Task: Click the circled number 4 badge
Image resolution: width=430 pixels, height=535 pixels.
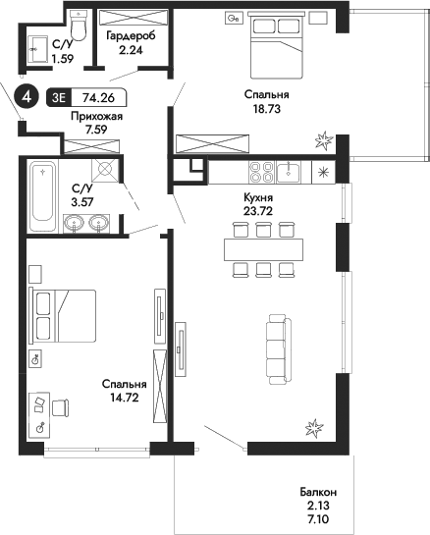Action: pos(28,98)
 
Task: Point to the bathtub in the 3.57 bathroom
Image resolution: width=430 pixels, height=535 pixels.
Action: pos(42,195)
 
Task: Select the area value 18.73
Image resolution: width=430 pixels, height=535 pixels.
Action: pos(262,112)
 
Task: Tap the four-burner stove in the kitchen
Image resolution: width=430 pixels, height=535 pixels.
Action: pos(262,173)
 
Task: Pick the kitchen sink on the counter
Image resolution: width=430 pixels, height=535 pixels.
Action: pos(289,173)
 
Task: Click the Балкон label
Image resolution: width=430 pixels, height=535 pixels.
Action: pos(319,492)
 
